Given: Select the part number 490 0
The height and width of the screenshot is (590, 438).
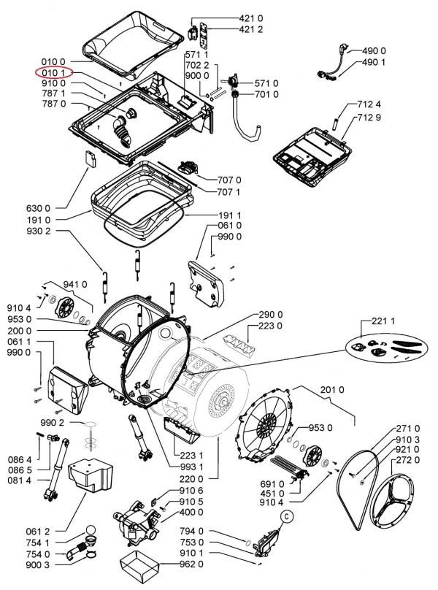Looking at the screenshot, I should point(374,51).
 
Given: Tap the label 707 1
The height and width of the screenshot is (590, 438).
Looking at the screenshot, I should point(229,192).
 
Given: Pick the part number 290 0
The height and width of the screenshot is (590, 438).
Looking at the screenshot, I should point(270,315).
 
